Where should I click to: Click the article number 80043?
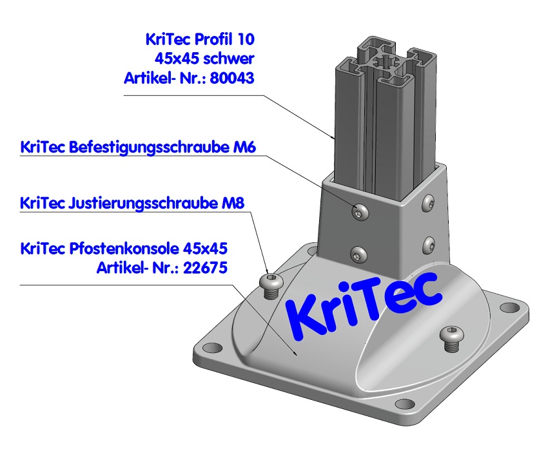click(x=233, y=79)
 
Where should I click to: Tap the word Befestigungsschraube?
click(x=145, y=147)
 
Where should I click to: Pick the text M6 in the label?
click(x=243, y=147)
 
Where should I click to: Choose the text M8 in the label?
click(x=233, y=204)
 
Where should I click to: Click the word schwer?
click(x=228, y=59)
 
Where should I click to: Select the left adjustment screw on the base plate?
click(x=270, y=283)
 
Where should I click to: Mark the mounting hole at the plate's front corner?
click(x=404, y=404)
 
